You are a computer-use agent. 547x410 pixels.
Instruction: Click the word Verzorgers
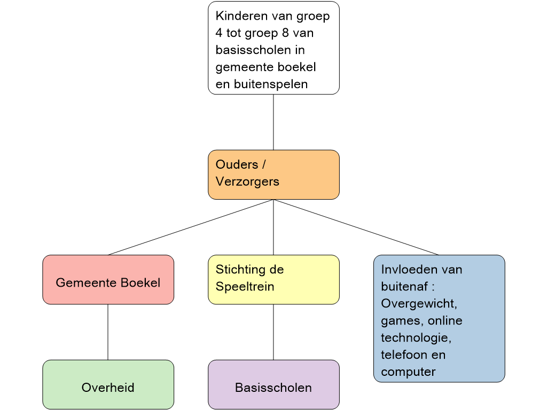pos(247,182)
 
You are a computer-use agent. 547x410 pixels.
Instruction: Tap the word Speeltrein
pos(245,287)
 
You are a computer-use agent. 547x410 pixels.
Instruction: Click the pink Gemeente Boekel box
pos(108,280)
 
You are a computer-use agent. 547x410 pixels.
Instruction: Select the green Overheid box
pos(108,385)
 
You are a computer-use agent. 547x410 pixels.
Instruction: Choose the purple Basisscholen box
pos(273,385)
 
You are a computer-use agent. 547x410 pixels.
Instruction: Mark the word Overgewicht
pos(419,303)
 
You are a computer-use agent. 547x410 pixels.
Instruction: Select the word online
pos(445,321)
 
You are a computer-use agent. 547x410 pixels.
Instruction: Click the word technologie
pos(416,338)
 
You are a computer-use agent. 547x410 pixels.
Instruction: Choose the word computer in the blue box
pos(408,372)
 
